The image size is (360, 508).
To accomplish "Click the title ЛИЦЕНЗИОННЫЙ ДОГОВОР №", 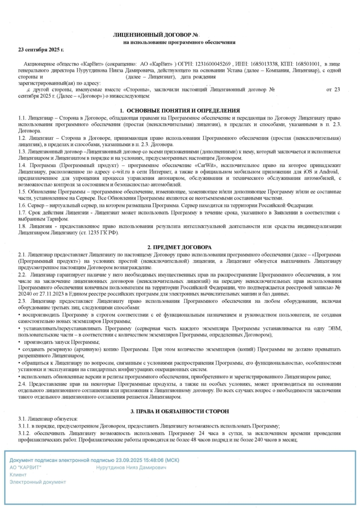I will (x=156, y=35).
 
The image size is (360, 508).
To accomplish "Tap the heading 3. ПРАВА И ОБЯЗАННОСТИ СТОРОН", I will (x=180, y=411).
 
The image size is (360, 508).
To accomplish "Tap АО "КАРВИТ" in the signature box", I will (x=26, y=468).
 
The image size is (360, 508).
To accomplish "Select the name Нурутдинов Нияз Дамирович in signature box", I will (x=131, y=468).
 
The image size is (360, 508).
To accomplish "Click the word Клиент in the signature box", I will (x=18, y=475).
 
